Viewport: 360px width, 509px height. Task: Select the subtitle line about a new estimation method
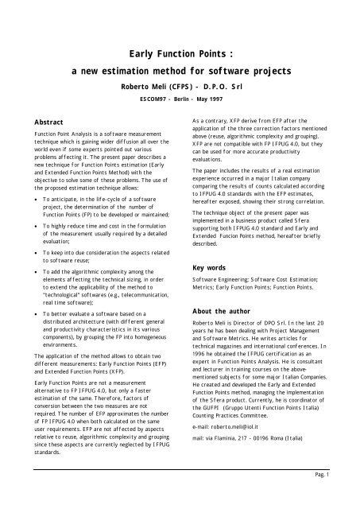click(180, 71)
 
